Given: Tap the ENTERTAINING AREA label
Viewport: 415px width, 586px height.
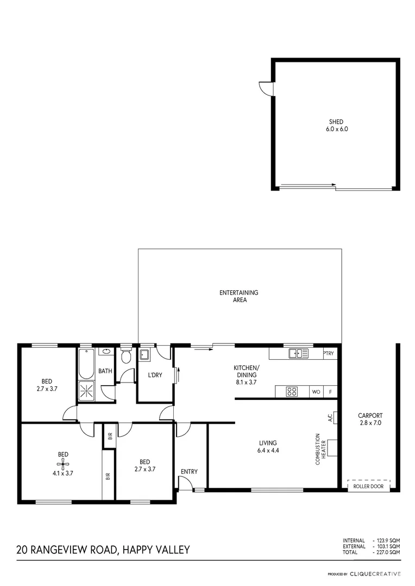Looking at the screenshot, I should (x=238, y=296).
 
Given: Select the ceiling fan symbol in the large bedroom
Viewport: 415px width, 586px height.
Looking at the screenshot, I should (x=63, y=463).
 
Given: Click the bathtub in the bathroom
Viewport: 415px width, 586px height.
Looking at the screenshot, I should (x=86, y=364).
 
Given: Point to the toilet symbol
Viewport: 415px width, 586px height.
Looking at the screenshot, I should (x=126, y=356).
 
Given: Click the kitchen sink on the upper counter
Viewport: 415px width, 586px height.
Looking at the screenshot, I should (x=298, y=354).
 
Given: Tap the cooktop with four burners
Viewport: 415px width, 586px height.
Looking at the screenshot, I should (x=292, y=391).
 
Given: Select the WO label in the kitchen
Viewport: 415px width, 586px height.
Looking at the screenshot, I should (x=316, y=392).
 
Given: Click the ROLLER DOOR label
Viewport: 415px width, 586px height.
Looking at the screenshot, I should (x=368, y=487).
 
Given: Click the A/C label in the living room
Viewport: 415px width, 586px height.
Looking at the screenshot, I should (x=330, y=418).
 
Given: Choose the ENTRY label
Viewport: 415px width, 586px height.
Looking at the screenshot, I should (x=189, y=472).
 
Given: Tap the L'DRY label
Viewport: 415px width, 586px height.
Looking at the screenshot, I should (x=154, y=375).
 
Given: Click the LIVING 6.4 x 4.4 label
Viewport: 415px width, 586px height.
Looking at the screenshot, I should (x=268, y=446).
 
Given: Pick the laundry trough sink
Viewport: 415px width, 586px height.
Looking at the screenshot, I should (x=145, y=355).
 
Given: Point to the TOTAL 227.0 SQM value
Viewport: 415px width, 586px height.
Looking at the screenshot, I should (x=388, y=552).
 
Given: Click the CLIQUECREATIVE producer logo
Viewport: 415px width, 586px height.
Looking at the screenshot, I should (x=375, y=574).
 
